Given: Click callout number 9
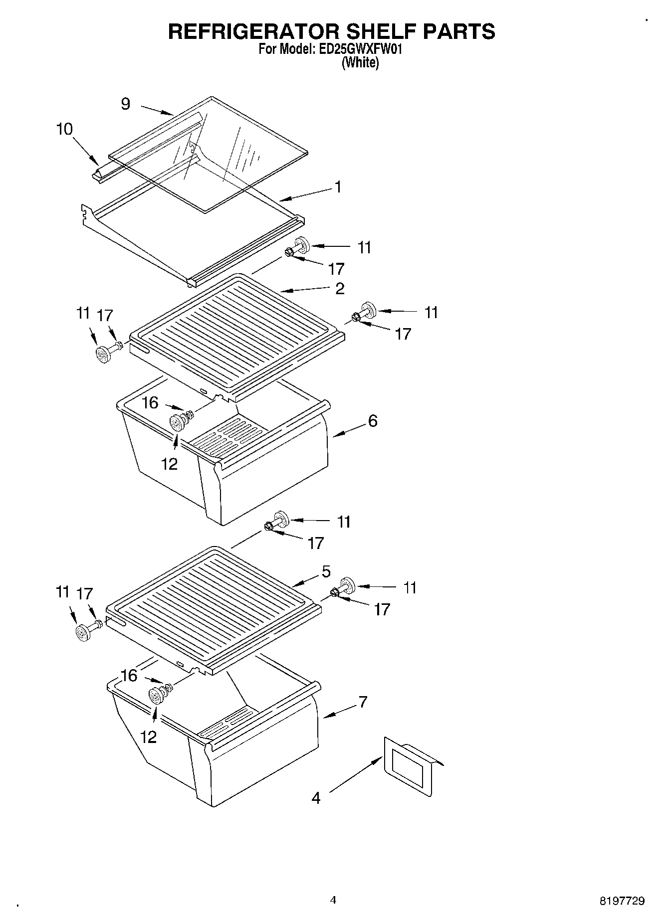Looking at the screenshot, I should tap(126, 104).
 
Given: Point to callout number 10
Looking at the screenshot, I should tap(64, 129).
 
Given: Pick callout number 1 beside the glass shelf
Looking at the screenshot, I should tap(338, 187).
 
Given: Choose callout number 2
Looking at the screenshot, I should tap(340, 288).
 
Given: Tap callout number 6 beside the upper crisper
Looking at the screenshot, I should tap(373, 421).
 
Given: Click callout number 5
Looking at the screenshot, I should tap(326, 571).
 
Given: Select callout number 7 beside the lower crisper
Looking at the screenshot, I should tap(363, 702).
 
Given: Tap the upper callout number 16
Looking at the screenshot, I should tap(150, 402).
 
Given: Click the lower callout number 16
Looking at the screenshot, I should tap(129, 675).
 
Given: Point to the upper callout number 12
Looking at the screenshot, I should tap(170, 464).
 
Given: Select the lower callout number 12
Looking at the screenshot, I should tap(149, 737).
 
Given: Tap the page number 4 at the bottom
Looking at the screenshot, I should tap(333, 900).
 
